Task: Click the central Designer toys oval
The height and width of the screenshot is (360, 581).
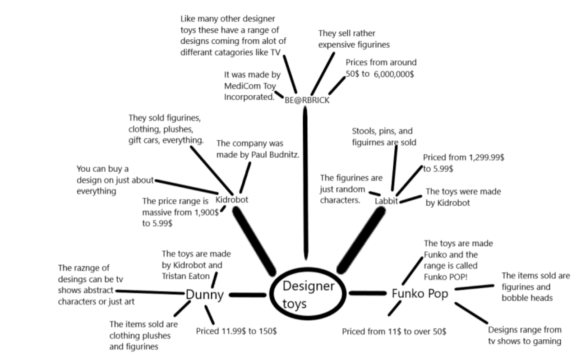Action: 308,294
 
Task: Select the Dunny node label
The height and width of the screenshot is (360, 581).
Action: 205,295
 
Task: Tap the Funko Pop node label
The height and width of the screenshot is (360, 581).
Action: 420,294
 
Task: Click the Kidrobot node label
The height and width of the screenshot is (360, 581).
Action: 232,199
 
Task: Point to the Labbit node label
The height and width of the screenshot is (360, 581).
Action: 387,201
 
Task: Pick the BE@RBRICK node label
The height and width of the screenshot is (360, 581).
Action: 307,100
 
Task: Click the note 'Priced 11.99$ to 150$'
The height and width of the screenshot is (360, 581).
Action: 236,331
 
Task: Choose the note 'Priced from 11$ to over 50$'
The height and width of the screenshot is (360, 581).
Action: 394,332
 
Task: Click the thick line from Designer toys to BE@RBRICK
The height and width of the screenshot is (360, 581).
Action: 306,180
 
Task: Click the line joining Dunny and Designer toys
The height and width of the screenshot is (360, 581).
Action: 247,295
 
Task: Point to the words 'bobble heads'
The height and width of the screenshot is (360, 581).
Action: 527,298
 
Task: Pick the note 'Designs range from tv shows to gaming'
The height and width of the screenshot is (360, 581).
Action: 525,335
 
